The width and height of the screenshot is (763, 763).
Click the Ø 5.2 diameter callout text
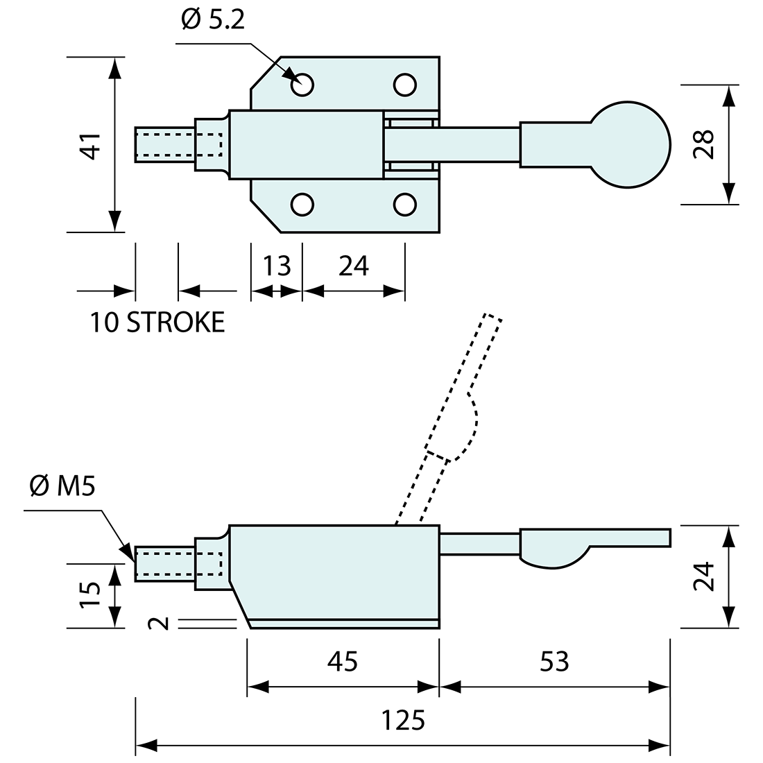click(x=213, y=22)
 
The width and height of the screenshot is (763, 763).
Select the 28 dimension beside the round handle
click(x=705, y=145)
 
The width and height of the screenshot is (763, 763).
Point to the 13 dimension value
click(x=277, y=266)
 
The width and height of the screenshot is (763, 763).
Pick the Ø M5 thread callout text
click(x=62, y=486)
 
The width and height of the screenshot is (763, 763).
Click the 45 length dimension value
click(x=343, y=662)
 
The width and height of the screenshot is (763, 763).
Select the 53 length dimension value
click(x=554, y=662)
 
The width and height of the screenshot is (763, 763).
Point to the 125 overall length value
click(x=403, y=721)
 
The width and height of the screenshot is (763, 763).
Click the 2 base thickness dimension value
click(x=160, y=624)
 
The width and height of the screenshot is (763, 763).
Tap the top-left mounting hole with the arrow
click(x=302, y=85)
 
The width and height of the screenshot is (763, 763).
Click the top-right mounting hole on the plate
click(x=404, y=85)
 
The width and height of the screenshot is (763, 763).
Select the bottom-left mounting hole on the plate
click(x=302, y=204)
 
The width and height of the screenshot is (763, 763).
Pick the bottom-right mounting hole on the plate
click(x=404, y=204)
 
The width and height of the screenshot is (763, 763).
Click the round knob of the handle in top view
click(x=631, y=144)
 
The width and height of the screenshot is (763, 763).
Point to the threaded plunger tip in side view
click(x=164, y=563)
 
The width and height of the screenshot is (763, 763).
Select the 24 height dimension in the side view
click(x=705, y=576)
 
